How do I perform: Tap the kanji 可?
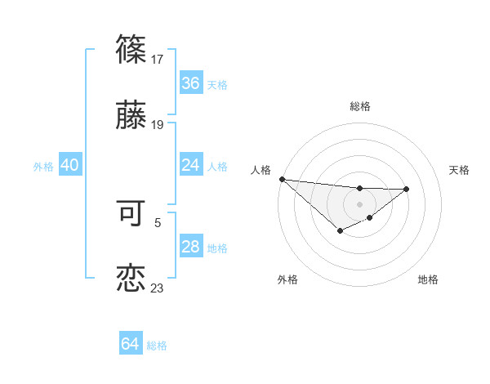pyautogui.click(x=131, y=214)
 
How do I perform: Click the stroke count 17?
pyautogui.click(x=158, y=59)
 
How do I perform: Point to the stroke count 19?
pyautogui.click(x=158, y=125)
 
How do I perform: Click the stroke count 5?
pyautogui.click(x=158, y=221)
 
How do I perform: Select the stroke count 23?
pyautogui.click(x=158, y=288)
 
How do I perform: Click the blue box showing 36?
pyautogui.click(x=191, y=83)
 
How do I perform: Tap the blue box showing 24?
pyautogui.click(x=191, y=165)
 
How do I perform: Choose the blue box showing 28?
pyautogui.click(x=191, y=247)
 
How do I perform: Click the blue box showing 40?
pyautogui.click(x=69, y=165)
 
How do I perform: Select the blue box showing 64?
pyautogui.click(x=131, y=344)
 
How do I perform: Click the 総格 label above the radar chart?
pyautogui.click(x=359, y=106)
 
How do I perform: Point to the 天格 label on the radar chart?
pyautogui.click(x=459, y=170)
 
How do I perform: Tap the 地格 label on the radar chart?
pyautogui.click(x=428, y=279)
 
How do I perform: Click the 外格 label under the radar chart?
pyautogui.click(x=287, y=279)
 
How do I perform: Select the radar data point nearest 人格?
pyautogui.click(x=282, y=179)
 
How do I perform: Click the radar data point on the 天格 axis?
pyautogui.click(x=407, y=189)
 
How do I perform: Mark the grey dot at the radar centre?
pyautogui.click(x=359, y=204)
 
